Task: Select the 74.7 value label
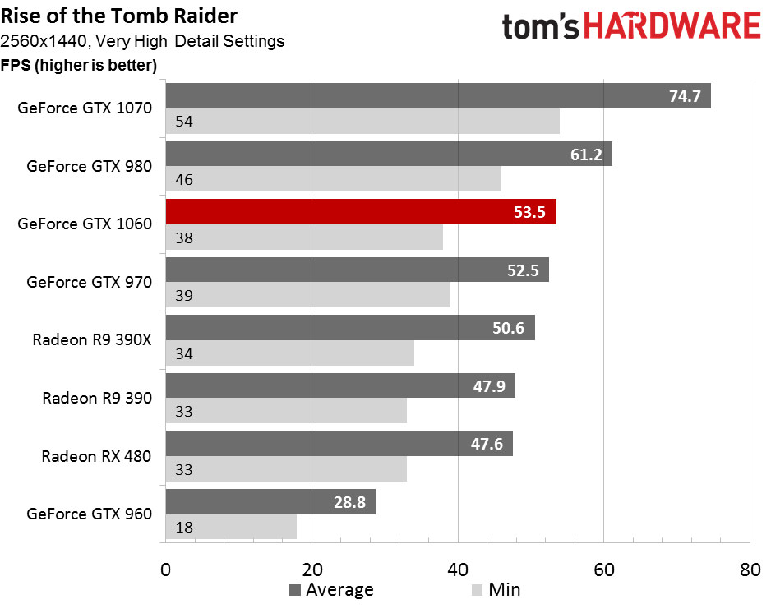(x=685, y=96)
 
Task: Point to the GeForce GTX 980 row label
(x=89, y=166)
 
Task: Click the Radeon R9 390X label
(x=92, y=339)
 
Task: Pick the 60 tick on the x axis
(x=604, y=568)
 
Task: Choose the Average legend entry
(x=331, y=589)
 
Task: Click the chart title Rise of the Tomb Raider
(x=120, y=15)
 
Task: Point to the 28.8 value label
(x=350, y=501)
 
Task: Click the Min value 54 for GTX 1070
(x=184, y=122)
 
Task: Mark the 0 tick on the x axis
(x=166, y=568)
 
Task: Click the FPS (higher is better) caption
(x=79, y=65)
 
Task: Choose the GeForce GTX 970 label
(x=89, y=282)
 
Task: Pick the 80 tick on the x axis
(x=750, y=568)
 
